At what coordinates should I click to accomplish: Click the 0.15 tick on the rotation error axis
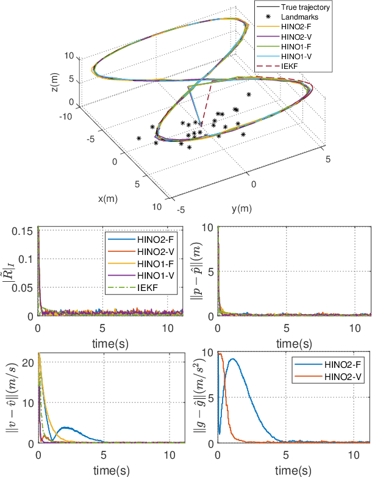[26, 231]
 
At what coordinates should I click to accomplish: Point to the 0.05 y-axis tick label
[26, 287]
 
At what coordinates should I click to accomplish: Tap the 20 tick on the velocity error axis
[28, 362]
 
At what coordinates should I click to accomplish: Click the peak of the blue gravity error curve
[232, 359]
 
